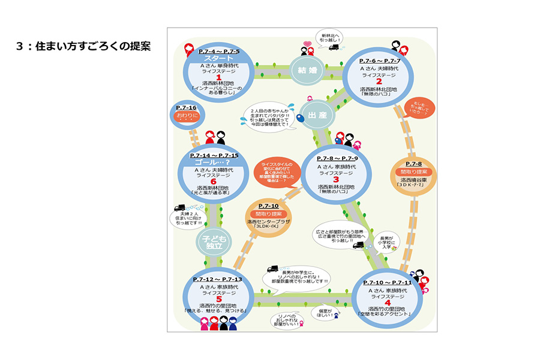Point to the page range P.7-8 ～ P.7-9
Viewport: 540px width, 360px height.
[x=337, y=158]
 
